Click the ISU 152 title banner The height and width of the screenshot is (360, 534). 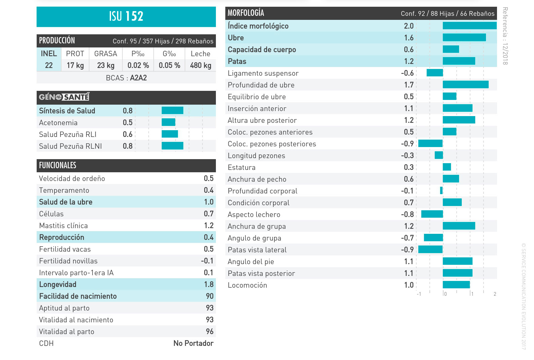coord(126,16)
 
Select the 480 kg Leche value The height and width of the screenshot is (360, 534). coord(200,65)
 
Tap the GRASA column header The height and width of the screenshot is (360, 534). coord(106,54)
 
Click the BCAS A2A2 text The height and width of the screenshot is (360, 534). coord(126,78)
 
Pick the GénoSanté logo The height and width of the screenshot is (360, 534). coord(64,97)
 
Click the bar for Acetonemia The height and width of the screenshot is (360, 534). coord(168,122)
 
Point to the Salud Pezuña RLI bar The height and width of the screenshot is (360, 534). coord(170,134)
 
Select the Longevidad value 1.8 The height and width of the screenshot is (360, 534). coord(208,284)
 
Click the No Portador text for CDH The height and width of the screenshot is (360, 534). coord(193,343)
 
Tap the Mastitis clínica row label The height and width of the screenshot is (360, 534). coord(63,226)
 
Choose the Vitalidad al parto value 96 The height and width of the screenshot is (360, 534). coord(209,331)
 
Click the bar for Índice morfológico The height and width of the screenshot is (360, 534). coord(469,26)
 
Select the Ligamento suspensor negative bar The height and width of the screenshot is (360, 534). coord(435,73)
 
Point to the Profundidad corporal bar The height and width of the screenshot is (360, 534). coord(442,190)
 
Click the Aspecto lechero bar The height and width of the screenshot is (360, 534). coord(432,214)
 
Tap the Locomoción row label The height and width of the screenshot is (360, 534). coord(247,285)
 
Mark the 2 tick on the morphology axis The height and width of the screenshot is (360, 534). coord(495,294)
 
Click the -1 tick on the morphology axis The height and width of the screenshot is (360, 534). coord(419,294)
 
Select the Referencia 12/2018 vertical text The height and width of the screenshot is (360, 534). coord(505,36)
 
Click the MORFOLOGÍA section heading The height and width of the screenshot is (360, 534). coord(246,13)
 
